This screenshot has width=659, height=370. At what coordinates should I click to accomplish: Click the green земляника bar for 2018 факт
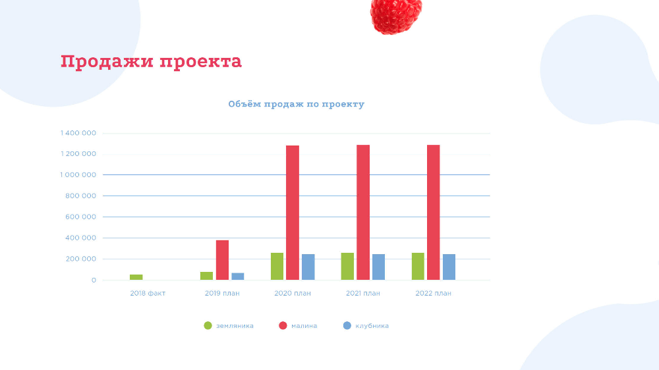click(x=136, y=277)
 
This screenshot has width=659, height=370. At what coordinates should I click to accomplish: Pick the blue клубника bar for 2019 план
click(x=237, y=277)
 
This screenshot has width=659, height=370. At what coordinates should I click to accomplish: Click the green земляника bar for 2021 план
click(x=347, y=267)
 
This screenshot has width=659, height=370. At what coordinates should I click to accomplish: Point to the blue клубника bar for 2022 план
click(x=449, y=267)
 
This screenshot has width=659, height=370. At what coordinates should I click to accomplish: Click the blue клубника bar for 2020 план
click(x=308, y=267)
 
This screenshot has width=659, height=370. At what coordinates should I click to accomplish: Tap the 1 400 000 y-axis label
click(x=78, y=133)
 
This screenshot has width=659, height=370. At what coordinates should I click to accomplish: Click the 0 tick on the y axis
click(x=94, y=280)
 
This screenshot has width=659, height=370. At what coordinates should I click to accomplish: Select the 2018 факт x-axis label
click(x=148, y=294)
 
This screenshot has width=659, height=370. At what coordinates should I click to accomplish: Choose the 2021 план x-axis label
click(x=363, y=294)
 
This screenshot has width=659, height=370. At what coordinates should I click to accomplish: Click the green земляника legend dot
click(x=208, y=325)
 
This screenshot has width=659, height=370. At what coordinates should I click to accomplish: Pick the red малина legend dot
click(x=283, y=325)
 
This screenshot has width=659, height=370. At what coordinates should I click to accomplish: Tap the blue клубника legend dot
click(x=347, y=325)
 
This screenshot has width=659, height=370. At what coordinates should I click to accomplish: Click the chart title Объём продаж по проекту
click(x=296, y=104)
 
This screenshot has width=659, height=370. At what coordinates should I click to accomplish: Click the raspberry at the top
click(x=395, y=14)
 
